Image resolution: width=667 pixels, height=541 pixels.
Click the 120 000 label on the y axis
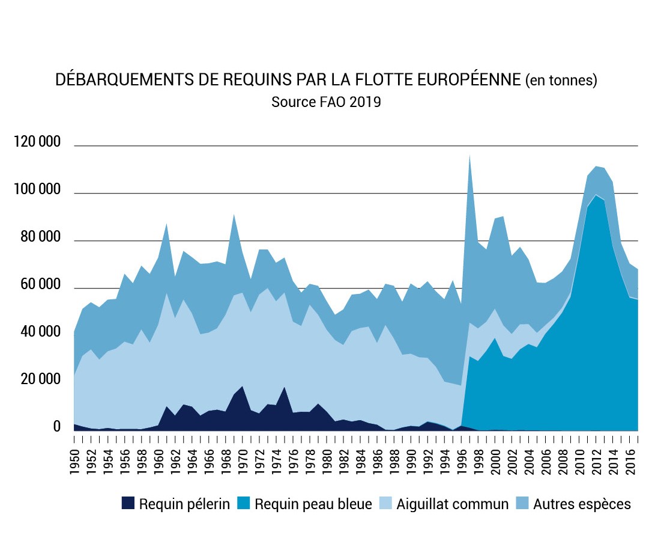[37, 142]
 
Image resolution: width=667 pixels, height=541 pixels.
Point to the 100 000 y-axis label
[37, 190]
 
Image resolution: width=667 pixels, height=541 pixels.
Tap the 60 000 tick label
[37, 285]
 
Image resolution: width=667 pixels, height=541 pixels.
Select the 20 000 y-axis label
[37, 380]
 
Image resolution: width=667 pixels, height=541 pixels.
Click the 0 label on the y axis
[57, 427]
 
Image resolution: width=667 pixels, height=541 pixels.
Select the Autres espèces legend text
[582, 504]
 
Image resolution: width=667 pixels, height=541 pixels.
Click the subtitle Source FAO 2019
[326, 102]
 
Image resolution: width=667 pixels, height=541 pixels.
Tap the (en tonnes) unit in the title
[561, 81]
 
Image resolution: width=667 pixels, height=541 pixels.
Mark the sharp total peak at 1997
[469, 156]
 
